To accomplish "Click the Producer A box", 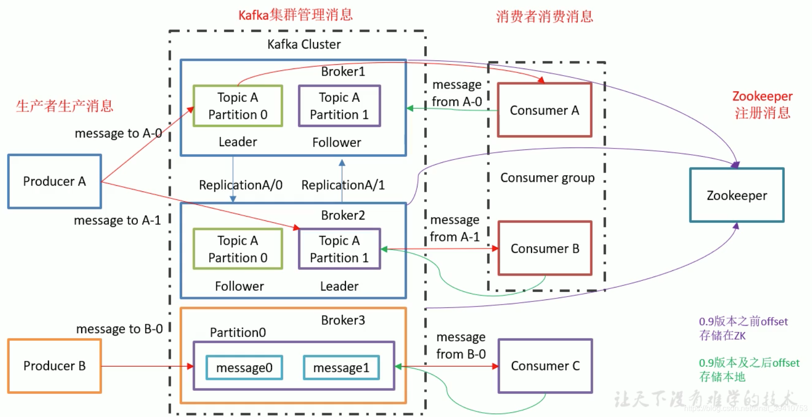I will pos(55,181).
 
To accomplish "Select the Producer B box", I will pos(55,366).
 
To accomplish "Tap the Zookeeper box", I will pos(736,195).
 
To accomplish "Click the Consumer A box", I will pos(544,110).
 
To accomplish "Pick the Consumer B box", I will pos(545,248).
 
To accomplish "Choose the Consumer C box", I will pos(545,366).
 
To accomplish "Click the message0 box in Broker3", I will pos(244,367).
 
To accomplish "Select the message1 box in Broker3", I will pos(341,367).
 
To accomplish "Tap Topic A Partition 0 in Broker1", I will pos(238,106).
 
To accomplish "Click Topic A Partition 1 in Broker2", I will pos(339,249).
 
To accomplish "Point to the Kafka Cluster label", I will pos(304,44).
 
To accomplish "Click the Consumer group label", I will pos(547,178).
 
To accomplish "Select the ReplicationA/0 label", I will pos(241,185).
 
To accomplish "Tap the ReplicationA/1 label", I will pos(343,185).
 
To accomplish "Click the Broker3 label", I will pos(343,320).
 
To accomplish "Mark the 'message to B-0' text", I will pos(119,329).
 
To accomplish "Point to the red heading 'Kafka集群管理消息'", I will pos(295,15).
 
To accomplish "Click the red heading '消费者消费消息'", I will pos(544,17).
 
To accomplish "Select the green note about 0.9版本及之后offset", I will pos(749,369).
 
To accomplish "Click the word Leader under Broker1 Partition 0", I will pos(238,142).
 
